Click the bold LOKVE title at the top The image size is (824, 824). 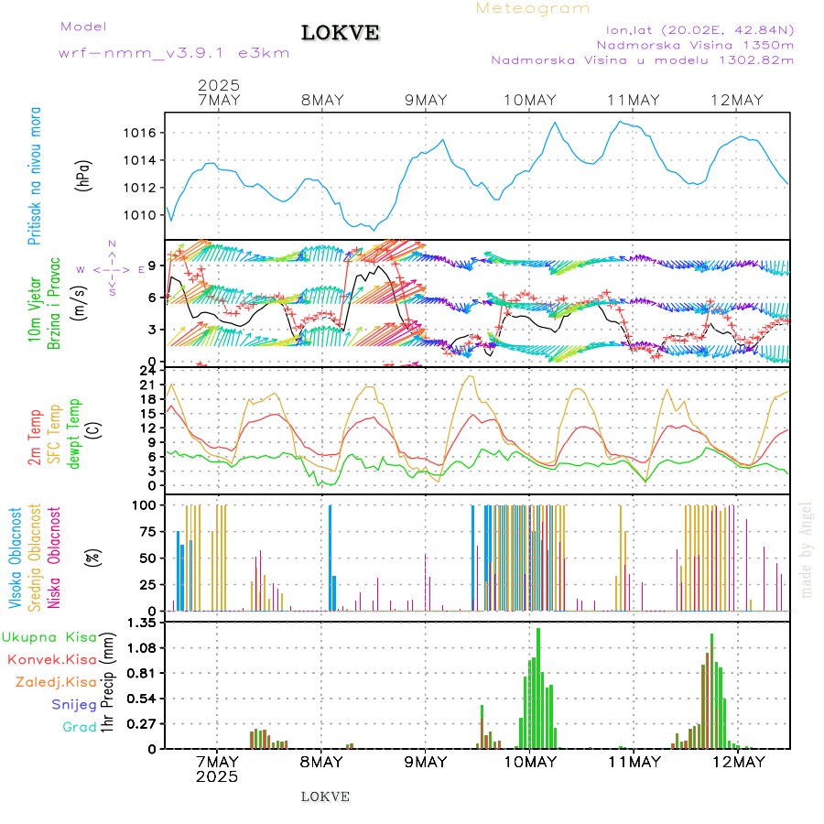(x=340, y=33)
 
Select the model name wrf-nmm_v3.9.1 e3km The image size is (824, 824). (x=174, y=53)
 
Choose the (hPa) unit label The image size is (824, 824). (x=84, y=175)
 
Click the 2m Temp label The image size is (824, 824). (x=35, y=439)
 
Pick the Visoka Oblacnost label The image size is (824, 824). (x=16, y=555)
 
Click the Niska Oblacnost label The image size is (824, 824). (x=55, y=555)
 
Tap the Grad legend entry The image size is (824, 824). (x=79, y=727)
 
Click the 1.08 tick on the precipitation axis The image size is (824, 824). (x=143, y=648)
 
